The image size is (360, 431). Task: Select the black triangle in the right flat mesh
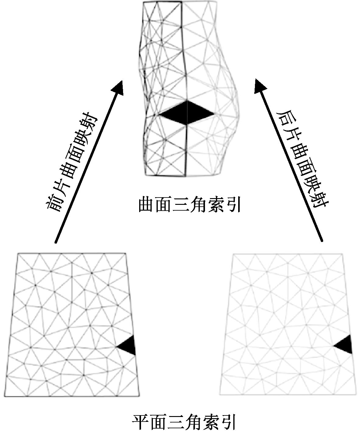(x=345, y=345)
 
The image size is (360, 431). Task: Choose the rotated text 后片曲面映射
(x=302, y=160)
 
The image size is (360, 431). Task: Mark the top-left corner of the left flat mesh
(x=18, y=253)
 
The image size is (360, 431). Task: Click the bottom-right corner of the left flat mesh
(x=139, y=396)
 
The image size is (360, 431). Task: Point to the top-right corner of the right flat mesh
(x=343, y=253)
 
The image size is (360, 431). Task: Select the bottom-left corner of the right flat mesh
(x=220, y=395)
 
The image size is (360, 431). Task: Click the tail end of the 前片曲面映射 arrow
(x=55, y=243)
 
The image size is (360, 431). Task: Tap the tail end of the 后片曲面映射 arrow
(x=322, y=242)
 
